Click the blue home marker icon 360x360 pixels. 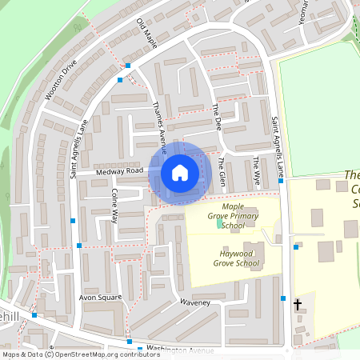pos(180,172)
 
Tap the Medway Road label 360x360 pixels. pos(118,170)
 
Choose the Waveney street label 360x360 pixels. pos(194,302)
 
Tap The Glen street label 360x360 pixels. pos(222,170)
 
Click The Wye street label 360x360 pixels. pos(256,171)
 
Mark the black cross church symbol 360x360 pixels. pos(298,304)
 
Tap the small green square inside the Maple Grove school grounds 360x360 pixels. pos(220,222)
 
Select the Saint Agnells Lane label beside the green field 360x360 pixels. pos(278,148)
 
